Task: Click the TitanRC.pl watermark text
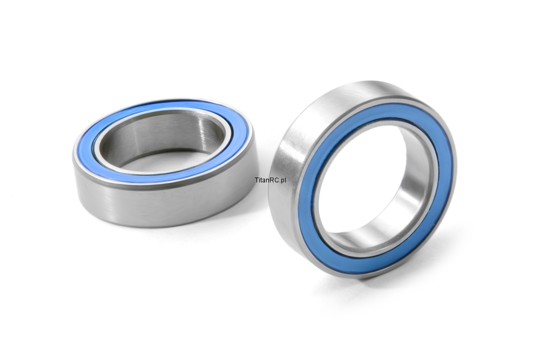point(271,180)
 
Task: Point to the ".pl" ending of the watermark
point(282,180)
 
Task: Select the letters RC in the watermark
point(274,180)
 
